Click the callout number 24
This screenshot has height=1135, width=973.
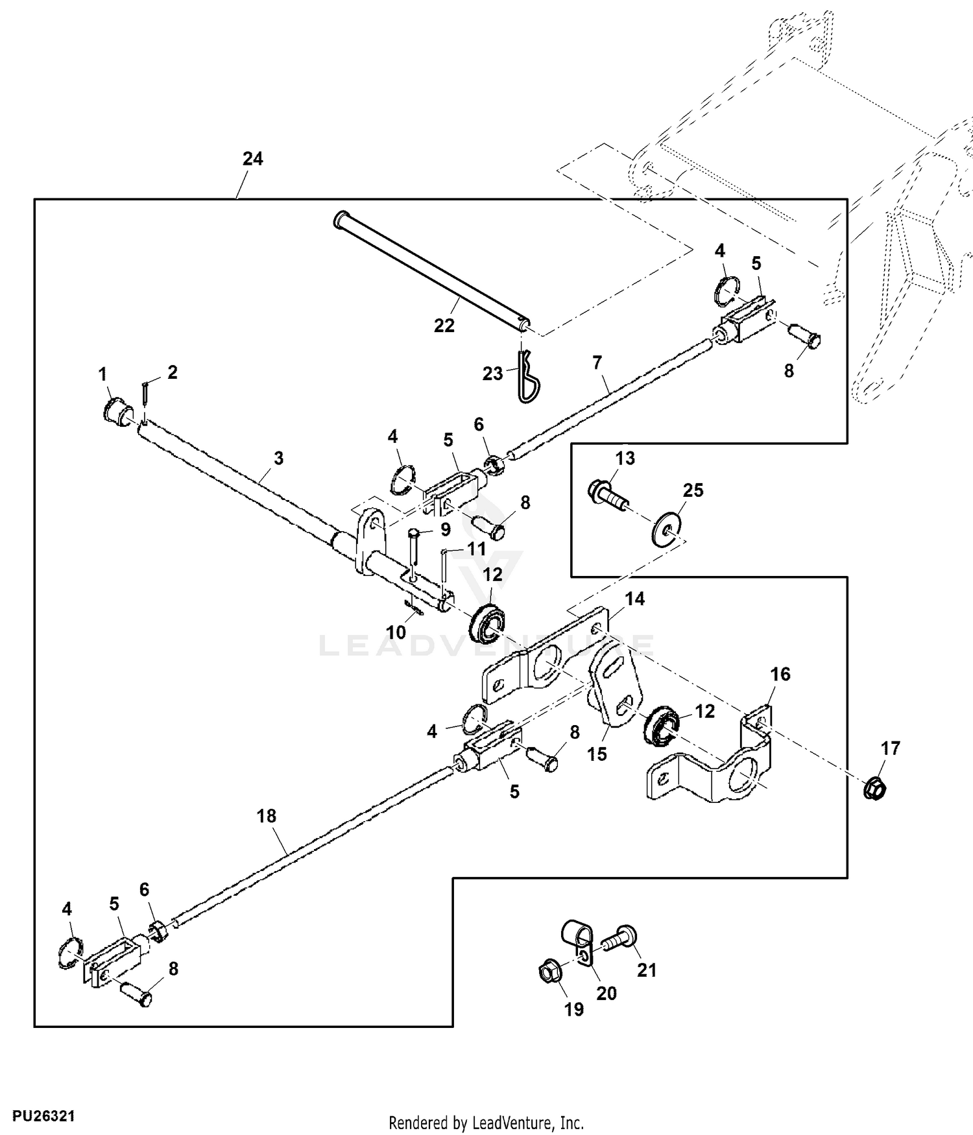point(252,159)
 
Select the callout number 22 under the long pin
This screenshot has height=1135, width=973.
point(444,326)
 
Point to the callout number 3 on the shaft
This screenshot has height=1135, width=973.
point(278,459)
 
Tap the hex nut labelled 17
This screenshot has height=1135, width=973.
point(874,788)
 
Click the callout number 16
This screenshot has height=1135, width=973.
point(780,675)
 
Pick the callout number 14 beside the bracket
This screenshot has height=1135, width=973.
point(634,599)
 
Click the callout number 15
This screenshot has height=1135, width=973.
point(597,754)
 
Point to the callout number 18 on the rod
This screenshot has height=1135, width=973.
point(267,816)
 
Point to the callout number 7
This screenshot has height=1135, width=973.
point(597,363)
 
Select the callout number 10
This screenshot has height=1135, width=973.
point(396,632)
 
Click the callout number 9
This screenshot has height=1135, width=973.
point(445,530)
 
